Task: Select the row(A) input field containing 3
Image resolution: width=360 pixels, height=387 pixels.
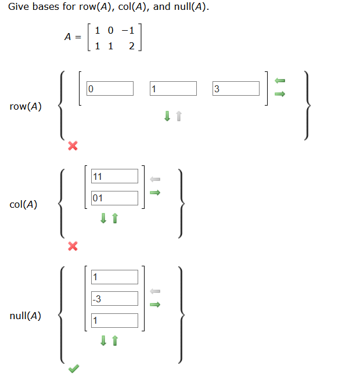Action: pyautogui.click(x=236, y=89)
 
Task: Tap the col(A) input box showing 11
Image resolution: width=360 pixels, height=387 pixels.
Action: pyautogui.click(x=114, y=176)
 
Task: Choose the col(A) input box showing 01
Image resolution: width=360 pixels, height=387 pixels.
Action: pyautogui.click(x=114, y=198)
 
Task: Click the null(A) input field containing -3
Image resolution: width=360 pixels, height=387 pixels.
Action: pyautogui.click(x=114, y=299)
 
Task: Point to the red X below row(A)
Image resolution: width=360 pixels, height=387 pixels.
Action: pyautogui.click(x=72, y=145)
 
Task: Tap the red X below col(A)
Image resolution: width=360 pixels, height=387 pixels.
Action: pyautogui.click(x=72, y=247)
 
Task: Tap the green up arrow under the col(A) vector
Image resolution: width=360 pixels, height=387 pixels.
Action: pyautogui.click(x=115, y=218)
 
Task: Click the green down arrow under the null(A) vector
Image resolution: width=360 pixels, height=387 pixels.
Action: pyautogui.click(x=103, y=341)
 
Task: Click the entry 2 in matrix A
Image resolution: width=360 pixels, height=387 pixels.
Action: pyautogui.click(x=131, y=46)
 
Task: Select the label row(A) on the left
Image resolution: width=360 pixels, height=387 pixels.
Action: pyautogui.click(x=26, y=106)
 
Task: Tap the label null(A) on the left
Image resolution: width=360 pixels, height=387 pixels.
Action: pyautogui.click(x=26, y=316)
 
